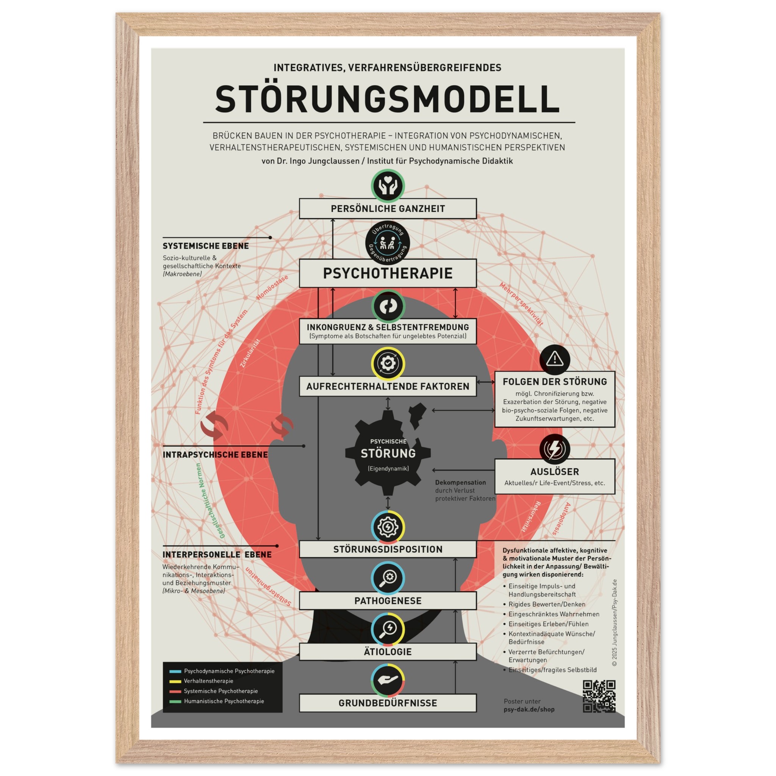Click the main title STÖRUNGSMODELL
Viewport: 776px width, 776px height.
388,99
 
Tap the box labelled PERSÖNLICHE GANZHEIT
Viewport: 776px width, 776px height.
388,208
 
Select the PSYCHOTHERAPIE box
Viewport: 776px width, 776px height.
388,273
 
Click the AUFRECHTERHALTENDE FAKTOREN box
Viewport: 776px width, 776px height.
388,386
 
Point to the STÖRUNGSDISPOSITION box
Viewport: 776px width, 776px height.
388,549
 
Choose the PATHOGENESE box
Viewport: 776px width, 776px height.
388,601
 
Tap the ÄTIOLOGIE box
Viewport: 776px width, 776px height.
388,651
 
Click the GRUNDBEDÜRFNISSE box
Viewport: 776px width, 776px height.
388,703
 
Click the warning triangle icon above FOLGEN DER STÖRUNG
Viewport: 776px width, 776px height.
555,359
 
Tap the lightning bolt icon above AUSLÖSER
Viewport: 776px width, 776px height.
555,448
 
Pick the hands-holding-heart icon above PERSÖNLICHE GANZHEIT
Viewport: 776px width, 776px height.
388,186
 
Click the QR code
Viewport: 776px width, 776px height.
599,696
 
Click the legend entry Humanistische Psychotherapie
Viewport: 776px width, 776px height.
224,701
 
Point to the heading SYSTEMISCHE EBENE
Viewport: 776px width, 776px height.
206,246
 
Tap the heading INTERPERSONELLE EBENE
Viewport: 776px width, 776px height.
217,554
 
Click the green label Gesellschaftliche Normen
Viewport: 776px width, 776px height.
210,501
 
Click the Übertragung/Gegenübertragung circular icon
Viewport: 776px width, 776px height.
388,243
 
